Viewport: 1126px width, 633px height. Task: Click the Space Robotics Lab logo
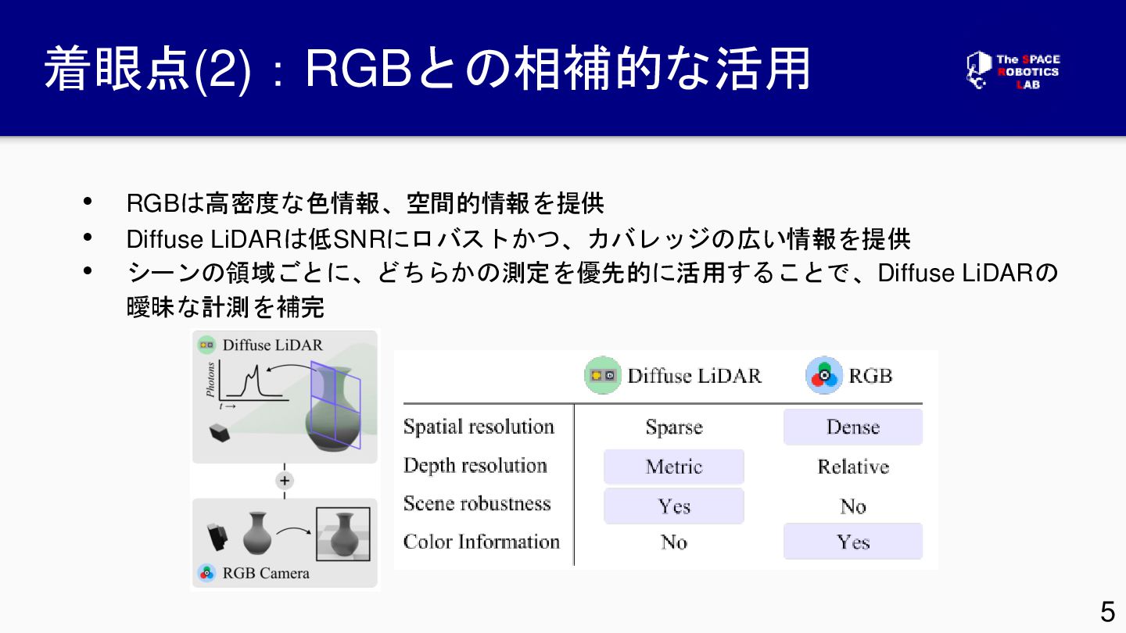[1013, 70]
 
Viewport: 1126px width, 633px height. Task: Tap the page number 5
[1107, 611]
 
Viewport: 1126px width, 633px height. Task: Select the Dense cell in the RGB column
[852, 427]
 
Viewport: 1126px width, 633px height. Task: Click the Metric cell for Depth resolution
[673, 467]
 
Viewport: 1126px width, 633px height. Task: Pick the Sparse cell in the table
[673, 427]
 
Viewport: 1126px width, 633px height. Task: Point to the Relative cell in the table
[852, 467]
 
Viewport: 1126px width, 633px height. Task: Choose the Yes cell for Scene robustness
[673, 506]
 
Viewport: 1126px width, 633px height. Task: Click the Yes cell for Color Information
[852, 542]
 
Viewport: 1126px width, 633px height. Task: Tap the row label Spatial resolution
[479, 427]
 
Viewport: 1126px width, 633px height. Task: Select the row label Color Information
[481, 542]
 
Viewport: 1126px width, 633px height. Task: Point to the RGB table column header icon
[824, 376]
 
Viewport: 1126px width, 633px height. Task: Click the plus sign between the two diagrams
[285, 481]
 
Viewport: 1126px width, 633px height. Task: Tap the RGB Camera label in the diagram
[265, 573]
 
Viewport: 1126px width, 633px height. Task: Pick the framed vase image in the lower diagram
[342, 535]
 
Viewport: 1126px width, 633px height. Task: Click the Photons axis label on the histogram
[210, 380]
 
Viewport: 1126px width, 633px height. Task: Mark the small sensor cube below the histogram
[219, 432]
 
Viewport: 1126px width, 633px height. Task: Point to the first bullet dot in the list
[88, 202]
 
